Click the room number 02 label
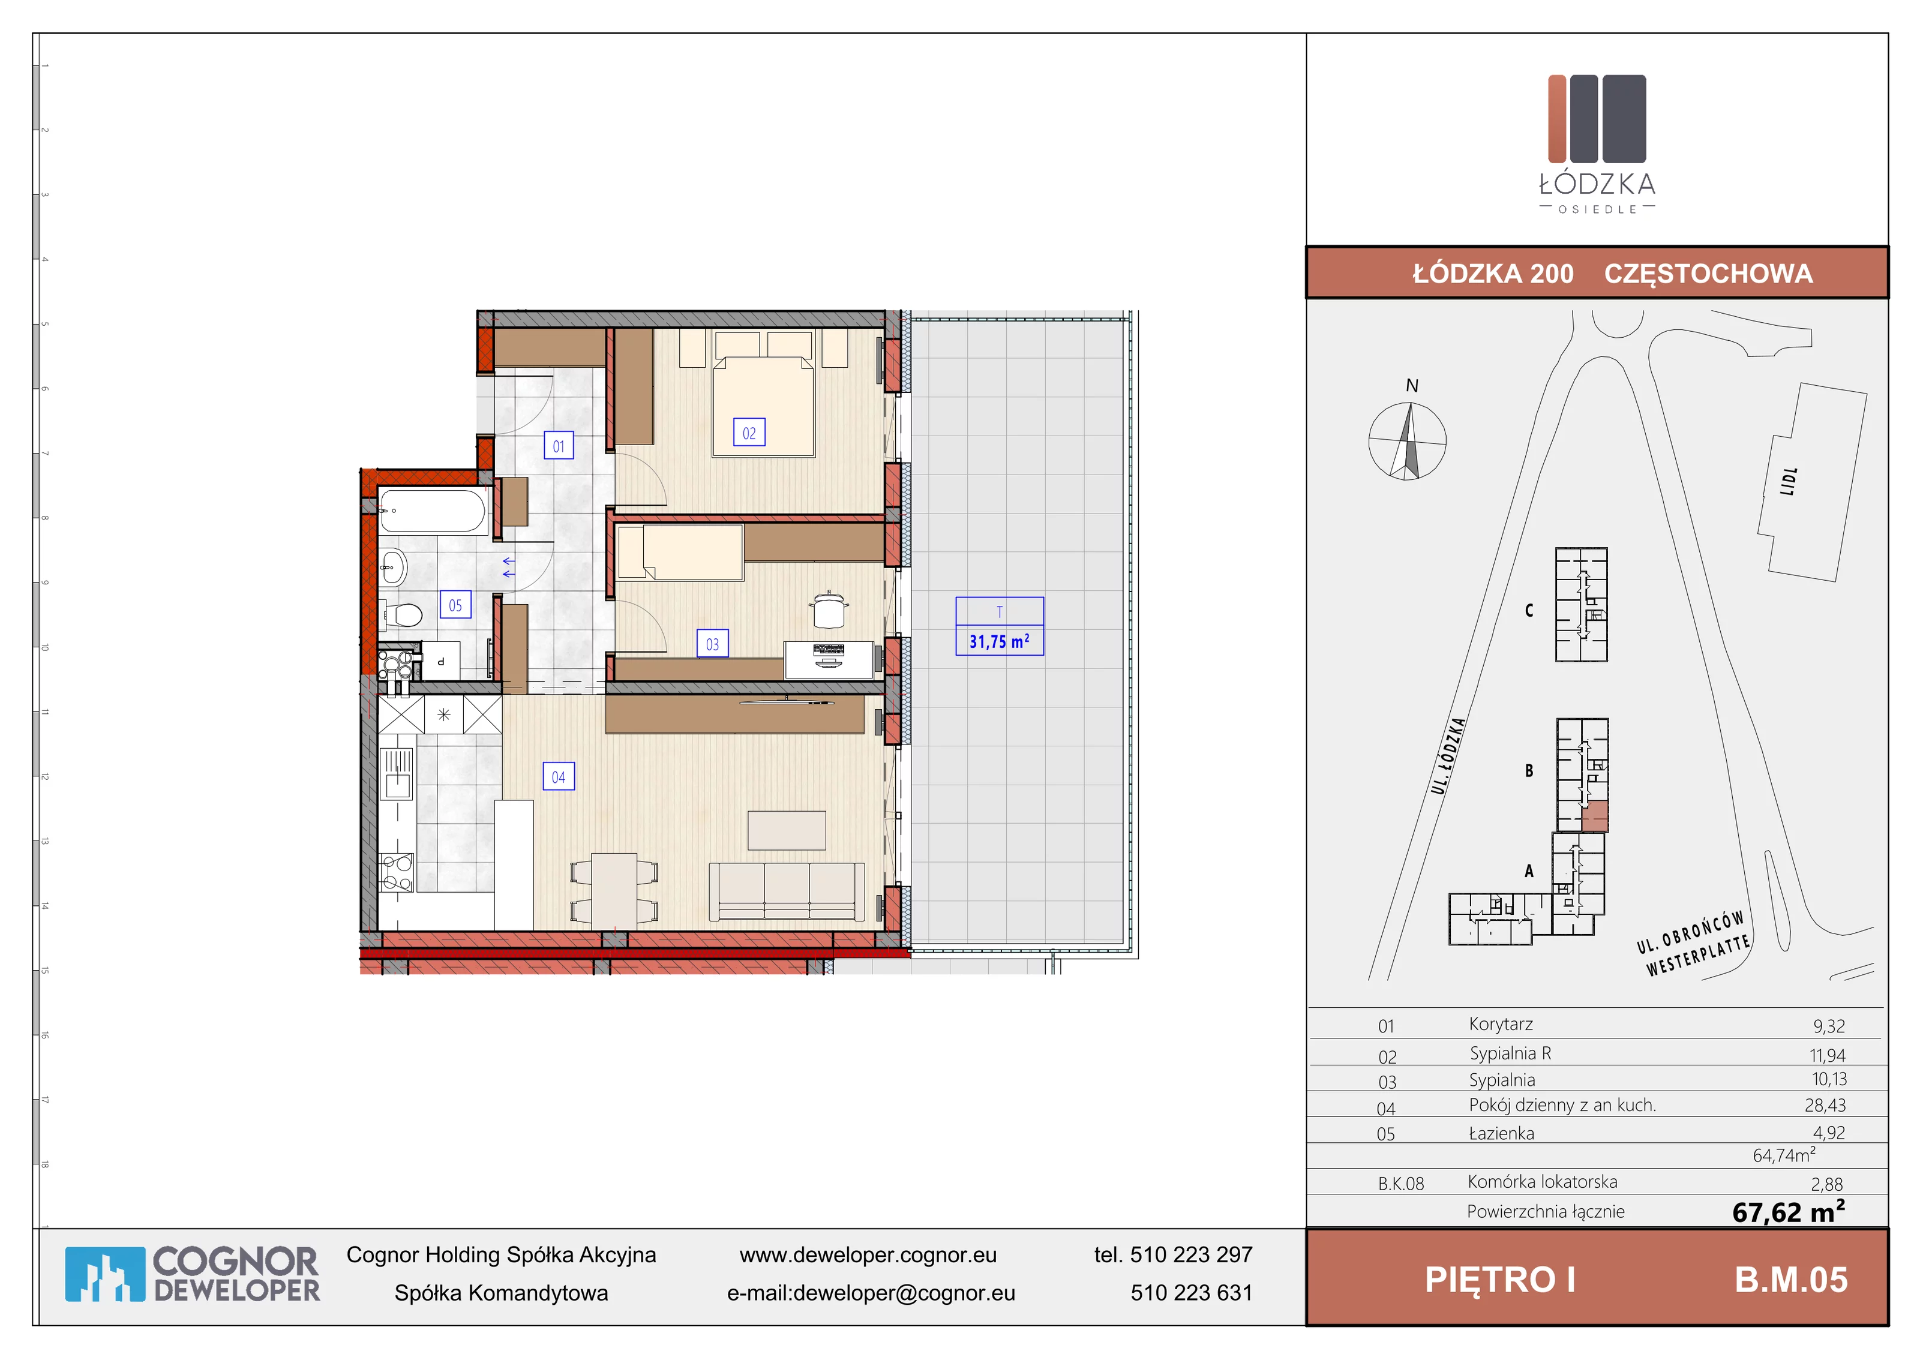click(748, 433)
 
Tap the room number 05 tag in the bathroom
click(455, 605)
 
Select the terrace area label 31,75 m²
click(1000, 641)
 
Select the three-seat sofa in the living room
click(787, 892)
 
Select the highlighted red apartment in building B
click(1595, 816)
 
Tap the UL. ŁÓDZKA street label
click(1448, 756)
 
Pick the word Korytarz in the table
click(1501, 1024)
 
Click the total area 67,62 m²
click(1789, 1211)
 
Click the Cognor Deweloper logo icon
click(104, 1274)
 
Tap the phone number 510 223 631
click(1192, 1293)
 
